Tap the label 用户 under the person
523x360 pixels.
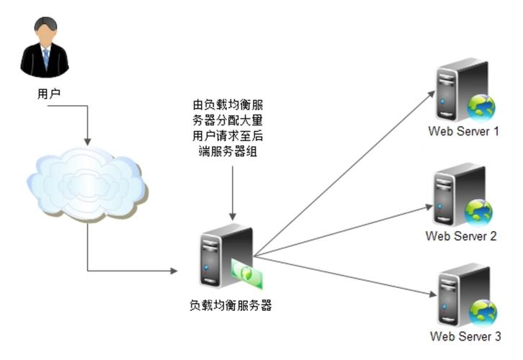[45, 94]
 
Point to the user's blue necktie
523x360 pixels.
[45, 57]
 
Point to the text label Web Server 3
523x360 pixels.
[465, 336]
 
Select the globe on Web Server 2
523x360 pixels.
[478, 212]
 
